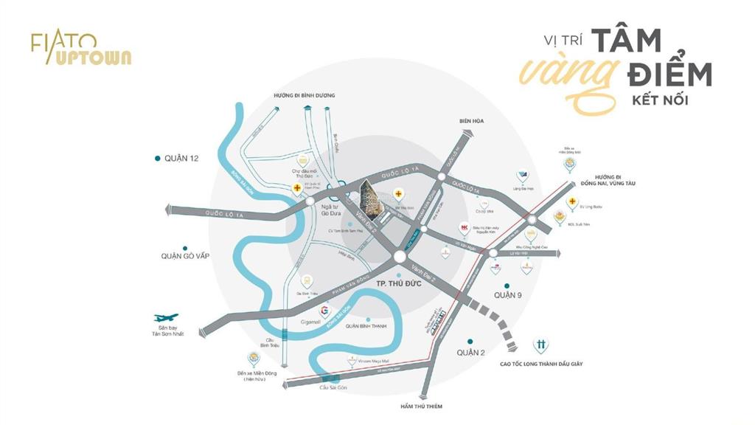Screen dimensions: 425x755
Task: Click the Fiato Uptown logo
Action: click(x=80, y=49)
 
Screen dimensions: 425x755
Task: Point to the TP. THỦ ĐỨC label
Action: click(x=399, y=283)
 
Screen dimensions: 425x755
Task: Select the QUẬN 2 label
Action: click(x=470, y=353)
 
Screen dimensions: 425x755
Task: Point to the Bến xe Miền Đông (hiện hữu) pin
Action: click(x=254, y=359)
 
